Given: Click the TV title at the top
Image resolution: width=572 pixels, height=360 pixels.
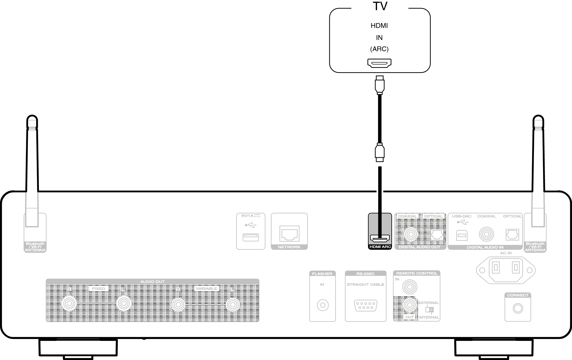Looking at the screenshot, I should (380, 6).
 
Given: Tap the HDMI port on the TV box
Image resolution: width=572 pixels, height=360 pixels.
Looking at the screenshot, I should (379, 63).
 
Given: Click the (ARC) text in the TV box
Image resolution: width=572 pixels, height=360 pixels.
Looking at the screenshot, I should (379, 49).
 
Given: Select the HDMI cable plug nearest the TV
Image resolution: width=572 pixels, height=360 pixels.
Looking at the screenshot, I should (379, 85).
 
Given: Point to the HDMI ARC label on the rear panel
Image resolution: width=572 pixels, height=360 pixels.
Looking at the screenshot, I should (380, 247).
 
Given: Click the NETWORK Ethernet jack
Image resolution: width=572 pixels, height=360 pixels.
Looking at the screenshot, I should (289, 234).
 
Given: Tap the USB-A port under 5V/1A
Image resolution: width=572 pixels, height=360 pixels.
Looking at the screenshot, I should (250, 237).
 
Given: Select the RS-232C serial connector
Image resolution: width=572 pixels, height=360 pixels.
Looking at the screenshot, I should (366, 306).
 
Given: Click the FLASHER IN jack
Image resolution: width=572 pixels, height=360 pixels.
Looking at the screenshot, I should (323, 305).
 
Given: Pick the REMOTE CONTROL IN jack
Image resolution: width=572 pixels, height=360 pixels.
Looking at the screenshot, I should (409, 287).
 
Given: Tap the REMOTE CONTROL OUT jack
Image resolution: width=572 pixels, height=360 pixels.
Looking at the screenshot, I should (409, 305).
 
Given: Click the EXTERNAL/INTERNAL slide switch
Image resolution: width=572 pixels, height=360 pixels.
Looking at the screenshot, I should (429, 310).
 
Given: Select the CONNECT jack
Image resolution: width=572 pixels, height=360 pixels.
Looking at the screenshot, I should (518, 308).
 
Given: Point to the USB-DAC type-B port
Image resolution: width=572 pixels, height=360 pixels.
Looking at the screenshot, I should (462, 235).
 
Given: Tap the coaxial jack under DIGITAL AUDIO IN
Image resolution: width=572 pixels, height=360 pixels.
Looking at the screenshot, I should (486, 234).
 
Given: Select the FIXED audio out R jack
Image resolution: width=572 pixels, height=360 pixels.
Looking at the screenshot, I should (69, 304).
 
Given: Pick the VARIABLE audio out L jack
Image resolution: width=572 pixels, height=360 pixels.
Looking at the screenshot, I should (233, 305).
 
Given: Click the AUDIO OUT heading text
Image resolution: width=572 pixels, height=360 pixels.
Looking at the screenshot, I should (152, 281).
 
